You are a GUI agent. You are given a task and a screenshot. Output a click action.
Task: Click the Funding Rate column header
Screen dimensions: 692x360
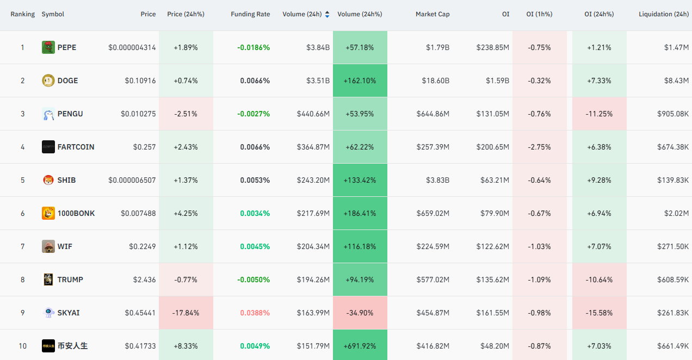point(250,14)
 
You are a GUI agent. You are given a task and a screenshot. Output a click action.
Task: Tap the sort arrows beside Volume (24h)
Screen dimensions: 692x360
point(327,14)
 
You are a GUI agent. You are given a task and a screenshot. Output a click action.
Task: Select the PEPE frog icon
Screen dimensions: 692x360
point(48,47)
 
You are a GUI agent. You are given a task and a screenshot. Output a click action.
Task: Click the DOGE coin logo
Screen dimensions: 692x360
point(48,80)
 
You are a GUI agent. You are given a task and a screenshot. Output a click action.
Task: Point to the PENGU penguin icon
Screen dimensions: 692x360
point(48,114)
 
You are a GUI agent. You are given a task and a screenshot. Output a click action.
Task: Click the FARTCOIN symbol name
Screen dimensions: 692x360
point(76,147)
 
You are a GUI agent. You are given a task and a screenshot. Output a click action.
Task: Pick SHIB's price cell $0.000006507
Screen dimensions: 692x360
point(132,181)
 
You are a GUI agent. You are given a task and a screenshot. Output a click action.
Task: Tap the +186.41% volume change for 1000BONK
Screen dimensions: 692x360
point(360,213)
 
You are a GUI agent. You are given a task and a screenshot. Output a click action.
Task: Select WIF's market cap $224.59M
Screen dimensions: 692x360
point(433,247)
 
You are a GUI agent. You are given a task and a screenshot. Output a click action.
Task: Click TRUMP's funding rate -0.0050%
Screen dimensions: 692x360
point(254,280)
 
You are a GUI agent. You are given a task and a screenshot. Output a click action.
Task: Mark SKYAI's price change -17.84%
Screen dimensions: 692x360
point(186,313)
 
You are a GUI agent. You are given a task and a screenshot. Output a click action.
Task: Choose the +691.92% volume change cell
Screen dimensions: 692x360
point(360,346)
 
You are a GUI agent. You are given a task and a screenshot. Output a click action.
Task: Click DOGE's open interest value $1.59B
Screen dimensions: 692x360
point(497,80)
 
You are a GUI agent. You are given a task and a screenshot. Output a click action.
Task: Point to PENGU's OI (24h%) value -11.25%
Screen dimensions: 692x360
point(599,114)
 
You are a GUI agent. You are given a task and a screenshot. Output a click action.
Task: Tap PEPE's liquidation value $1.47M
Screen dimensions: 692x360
point(676,47)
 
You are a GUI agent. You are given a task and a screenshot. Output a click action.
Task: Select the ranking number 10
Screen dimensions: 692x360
point(22,346)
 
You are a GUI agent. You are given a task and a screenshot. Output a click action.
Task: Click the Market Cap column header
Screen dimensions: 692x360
point(432,14)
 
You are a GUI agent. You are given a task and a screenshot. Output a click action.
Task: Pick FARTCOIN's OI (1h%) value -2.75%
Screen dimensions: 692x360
point(539,147)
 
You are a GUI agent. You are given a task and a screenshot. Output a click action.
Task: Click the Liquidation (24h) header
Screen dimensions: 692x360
point(664,14)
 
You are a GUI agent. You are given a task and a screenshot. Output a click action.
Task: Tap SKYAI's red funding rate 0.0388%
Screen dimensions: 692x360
point(255,313)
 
